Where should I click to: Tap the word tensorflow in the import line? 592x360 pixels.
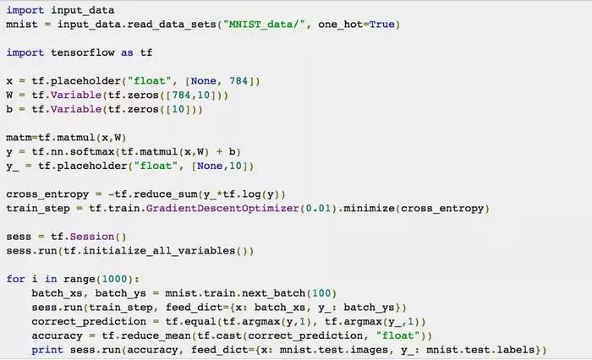pyautogui.click(x=90, y=52)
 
